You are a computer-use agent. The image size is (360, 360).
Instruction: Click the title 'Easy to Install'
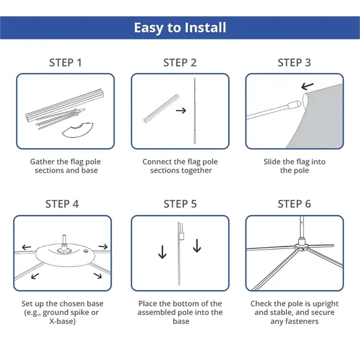pyautogui.click(x=180, y=28)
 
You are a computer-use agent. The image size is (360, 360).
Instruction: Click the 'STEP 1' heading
pyautogui.click(x=65, y=62)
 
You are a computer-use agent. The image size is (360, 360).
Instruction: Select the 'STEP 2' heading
pyautogui.click(x=180, y=62)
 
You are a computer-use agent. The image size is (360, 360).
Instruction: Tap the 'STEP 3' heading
pyautogui.click(x=294, y=62)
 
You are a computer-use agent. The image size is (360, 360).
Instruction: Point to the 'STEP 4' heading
pyautogui.click(x=62, y=204)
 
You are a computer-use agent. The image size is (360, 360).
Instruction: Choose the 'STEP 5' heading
pyautogui.click(x=180, y=204)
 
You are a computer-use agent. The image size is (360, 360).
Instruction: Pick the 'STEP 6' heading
pyautogui.click(x=294, y=204)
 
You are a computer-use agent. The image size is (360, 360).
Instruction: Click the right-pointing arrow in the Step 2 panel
pyautogui.click(x=181, y=110)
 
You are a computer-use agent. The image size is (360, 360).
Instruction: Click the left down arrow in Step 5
pyautogui.click(x=162, y=253)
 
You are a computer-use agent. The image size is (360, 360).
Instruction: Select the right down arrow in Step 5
pyautogui.click(x=197, y=246)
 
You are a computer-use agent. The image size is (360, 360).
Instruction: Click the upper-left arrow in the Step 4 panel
pyautogui.click(x=26, y=247)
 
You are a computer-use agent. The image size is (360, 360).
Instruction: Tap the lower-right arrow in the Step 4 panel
pyautogui.click(x=97, y=276)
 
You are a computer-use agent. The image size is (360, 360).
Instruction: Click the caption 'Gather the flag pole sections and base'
pyautogui.click(x=64, y=166)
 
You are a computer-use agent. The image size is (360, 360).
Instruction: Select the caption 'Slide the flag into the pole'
pyautogui.click(x=294, y=166)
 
